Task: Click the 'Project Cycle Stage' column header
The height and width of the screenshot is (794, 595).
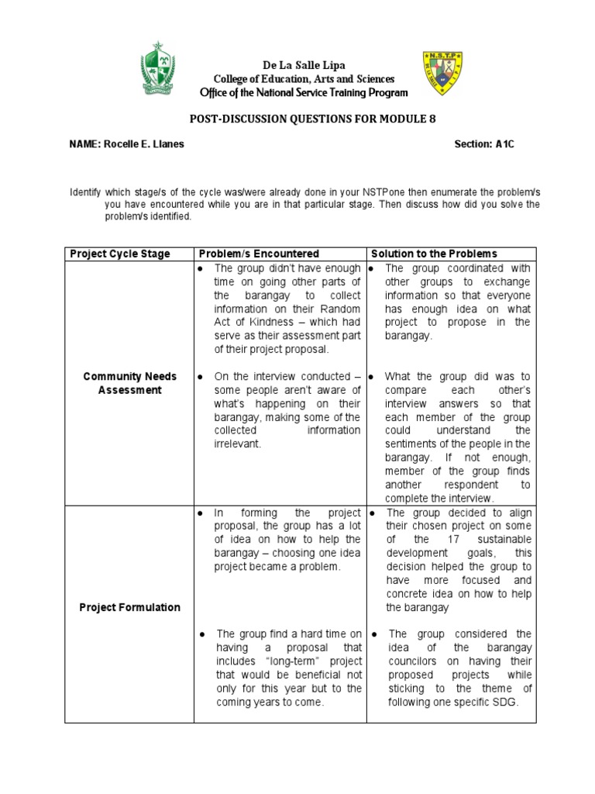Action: (x=120, y=254)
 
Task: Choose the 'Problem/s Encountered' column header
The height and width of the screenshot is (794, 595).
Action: (x=259, y=254)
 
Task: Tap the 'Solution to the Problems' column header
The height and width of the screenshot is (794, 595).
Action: (x=435, y=254)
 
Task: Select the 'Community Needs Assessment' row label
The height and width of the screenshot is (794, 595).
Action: (x=130, y=383)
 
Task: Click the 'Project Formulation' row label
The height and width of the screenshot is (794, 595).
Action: (x=130, y=607)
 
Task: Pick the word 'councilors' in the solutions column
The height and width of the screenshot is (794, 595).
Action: (x=416, y=661)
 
